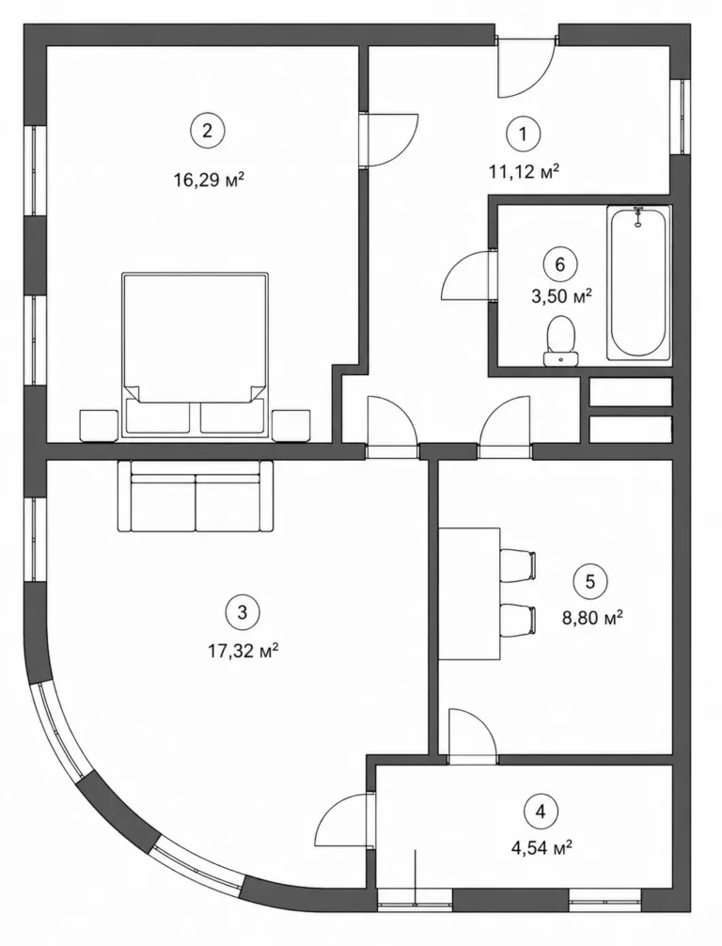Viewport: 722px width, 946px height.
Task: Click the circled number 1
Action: [523, 134]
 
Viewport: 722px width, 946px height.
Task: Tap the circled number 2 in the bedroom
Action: [208, 131]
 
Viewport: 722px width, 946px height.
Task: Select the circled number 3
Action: [243, 612]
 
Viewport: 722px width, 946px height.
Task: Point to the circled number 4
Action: [541, 812]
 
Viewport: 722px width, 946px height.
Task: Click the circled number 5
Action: [589, 581]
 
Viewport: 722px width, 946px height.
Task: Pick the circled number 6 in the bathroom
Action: [560, 264]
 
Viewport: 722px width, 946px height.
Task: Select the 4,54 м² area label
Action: [541, 848]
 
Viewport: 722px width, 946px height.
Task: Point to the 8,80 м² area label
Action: [592, 619]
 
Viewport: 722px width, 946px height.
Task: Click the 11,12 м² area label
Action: [525, 172]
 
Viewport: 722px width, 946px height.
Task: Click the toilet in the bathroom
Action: [561, 340]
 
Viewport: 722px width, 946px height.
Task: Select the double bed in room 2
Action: [195, 355]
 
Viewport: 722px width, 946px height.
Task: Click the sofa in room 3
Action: [196, 496]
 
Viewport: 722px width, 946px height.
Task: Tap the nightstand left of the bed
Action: [99, 425]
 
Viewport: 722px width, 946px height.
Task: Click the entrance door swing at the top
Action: [526, 67]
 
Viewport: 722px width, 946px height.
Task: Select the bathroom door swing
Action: [469, 275]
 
